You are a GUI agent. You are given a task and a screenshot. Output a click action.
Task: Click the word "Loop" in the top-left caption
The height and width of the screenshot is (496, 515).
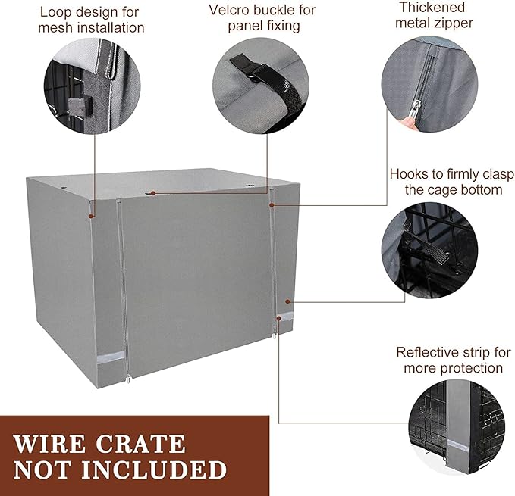pyautogui.click(x=57, y=11)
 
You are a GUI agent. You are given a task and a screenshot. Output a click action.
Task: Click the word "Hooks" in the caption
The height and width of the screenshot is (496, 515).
pyautogui.click(x=410, y=173)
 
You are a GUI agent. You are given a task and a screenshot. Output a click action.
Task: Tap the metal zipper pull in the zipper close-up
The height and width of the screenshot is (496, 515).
pyautogui.click(x=410, y=114)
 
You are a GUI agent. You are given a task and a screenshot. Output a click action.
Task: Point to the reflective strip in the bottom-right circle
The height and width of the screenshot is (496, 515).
pyautogui.click(x=459, y=447)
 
